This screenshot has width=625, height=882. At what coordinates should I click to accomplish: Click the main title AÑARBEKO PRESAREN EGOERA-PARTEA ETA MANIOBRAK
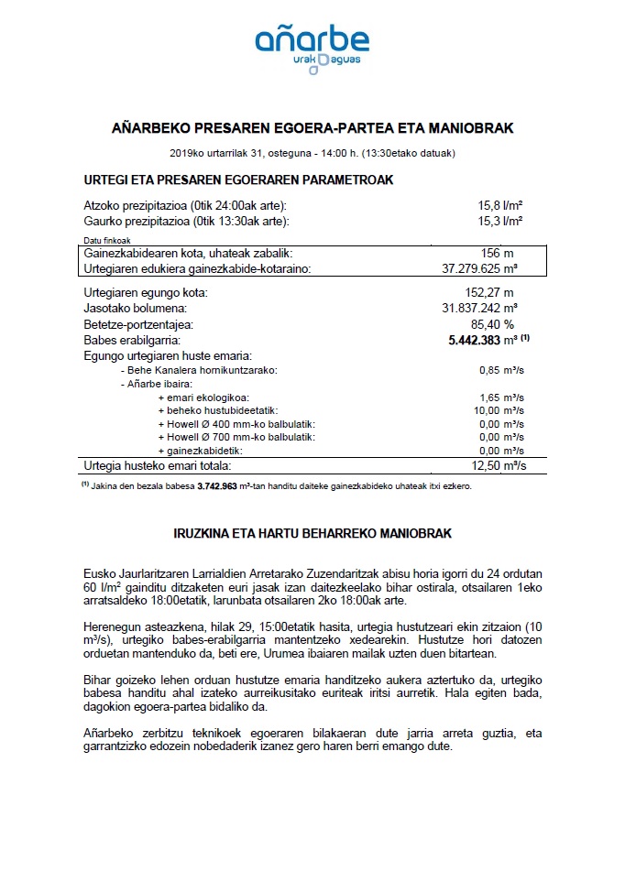pos(312,128)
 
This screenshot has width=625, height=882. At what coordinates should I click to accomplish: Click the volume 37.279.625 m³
pos(480,268)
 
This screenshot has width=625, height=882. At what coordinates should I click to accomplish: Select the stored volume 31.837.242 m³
pos(480,308)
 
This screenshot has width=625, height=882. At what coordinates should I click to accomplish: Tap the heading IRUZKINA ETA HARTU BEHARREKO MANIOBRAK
pos(312,532)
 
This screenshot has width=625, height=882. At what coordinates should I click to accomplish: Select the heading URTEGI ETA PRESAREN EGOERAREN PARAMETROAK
pos(238,180)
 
